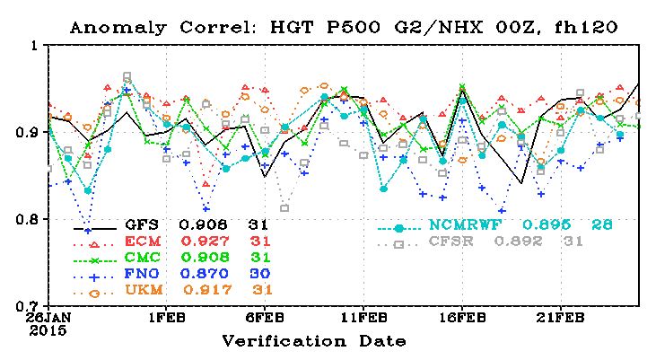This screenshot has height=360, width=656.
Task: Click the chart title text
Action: [344, 27]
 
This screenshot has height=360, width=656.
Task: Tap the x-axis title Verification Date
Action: [314, 341]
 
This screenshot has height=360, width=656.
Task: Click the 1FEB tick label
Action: [167, 318]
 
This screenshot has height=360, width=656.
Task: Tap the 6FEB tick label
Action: [266, 318]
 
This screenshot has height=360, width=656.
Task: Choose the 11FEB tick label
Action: [364, 318]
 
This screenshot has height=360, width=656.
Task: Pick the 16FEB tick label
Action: [462, 318]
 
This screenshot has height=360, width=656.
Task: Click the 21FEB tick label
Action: [561, 318]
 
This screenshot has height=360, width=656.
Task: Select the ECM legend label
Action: [143, 241]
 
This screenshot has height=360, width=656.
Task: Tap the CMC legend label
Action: [143, 258]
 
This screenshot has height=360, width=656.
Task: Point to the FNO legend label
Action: [142, 274]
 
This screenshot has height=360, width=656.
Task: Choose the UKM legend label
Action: [144, 290]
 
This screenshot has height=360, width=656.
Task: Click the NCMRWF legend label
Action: [465, 224]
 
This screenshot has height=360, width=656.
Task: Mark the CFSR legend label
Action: [451, 241]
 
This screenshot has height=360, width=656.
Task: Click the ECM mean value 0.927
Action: [206, 241]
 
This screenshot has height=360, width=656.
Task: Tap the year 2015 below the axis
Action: [48, 330]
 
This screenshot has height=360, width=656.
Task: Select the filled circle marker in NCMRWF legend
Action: [398, 229]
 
